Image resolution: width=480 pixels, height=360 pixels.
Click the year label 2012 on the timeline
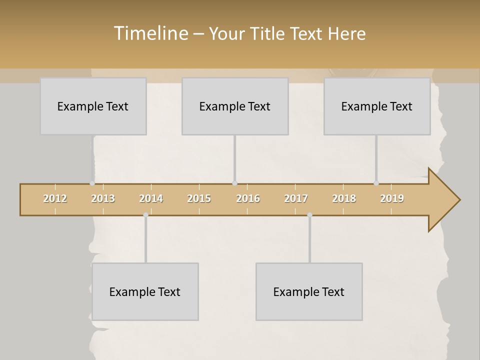coord(55,198)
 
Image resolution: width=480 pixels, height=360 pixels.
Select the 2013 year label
coord(103,198)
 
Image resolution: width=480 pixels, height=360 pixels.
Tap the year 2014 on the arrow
coord(151,198)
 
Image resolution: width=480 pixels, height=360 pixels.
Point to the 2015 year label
coord(199,198)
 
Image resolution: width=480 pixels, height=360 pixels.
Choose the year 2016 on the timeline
coord(248,198)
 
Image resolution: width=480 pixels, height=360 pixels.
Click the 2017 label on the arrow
coord(296,198)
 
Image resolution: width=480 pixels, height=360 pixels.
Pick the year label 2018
coord(344,198)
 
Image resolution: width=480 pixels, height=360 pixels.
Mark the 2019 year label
coord(392,198)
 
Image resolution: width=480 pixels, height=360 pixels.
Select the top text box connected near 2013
coord(93,106)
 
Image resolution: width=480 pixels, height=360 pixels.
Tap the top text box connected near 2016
coord(235,106)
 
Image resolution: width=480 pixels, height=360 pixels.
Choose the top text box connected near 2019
coord(377,106)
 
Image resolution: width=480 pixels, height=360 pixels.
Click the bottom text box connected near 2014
coord(145,291)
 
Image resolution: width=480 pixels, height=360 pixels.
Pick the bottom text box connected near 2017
coord(309,291)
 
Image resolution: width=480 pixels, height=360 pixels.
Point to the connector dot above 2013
coord(92,183)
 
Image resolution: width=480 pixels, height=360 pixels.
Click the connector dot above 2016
coord(234,183)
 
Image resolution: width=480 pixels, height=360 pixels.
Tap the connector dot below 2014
coord(145,215)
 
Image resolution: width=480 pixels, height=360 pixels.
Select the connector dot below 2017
coord(309,215)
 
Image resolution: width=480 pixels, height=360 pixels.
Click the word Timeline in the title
coord(150,33)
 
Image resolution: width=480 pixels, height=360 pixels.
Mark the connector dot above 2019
coord(376,183)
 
